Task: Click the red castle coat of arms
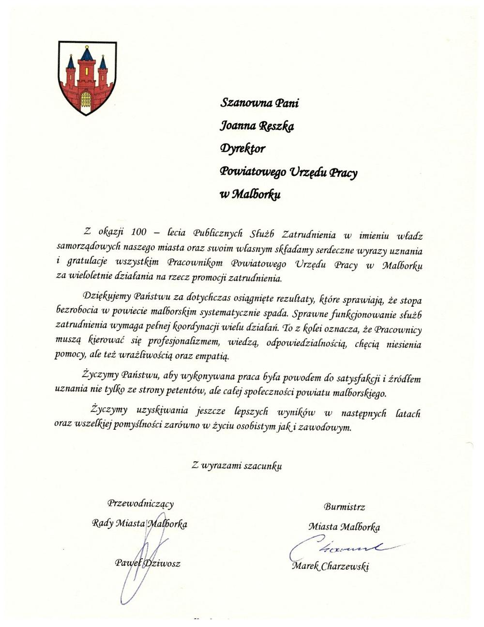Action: point(87,78)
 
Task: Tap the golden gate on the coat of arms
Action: point(86,100)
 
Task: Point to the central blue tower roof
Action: point(87,53)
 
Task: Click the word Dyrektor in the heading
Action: point(242,148)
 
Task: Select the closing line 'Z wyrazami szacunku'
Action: point(236,466)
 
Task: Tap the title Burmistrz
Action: point(344,507)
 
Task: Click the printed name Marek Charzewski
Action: point(330,566)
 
